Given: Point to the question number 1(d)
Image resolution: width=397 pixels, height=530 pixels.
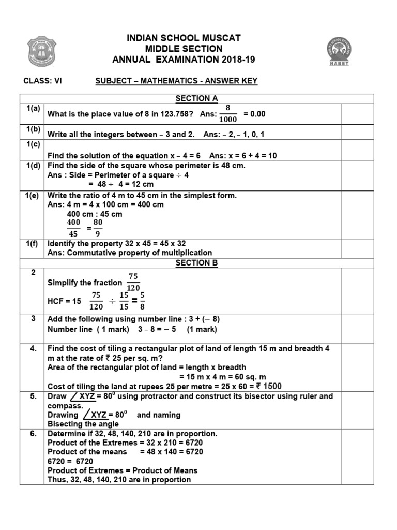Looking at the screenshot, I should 33,166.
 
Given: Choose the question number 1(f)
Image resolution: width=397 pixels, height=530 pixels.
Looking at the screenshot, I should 33,243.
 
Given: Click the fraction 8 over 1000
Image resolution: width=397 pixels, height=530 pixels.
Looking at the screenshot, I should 227,113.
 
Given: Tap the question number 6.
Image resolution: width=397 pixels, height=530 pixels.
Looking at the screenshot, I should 33,433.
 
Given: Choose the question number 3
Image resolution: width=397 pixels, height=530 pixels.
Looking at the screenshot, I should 33,318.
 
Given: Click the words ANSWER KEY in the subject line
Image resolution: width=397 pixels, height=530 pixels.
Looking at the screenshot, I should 230,81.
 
